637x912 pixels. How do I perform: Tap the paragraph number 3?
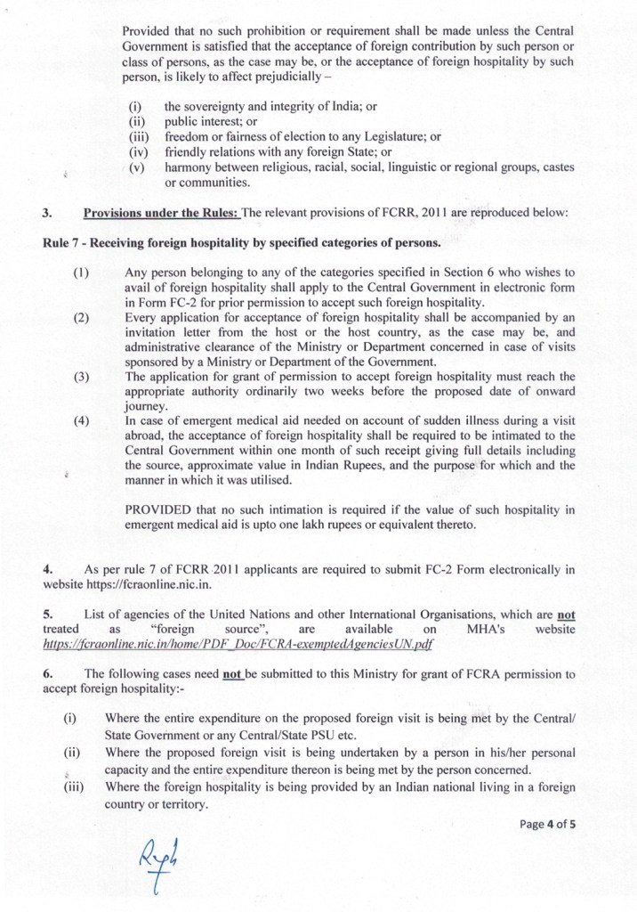pos(46,214)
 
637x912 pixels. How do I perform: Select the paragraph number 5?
pos(46,614)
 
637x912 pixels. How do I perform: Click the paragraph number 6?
pos(46,674)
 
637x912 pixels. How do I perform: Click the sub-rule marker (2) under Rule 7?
pos(81,316)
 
